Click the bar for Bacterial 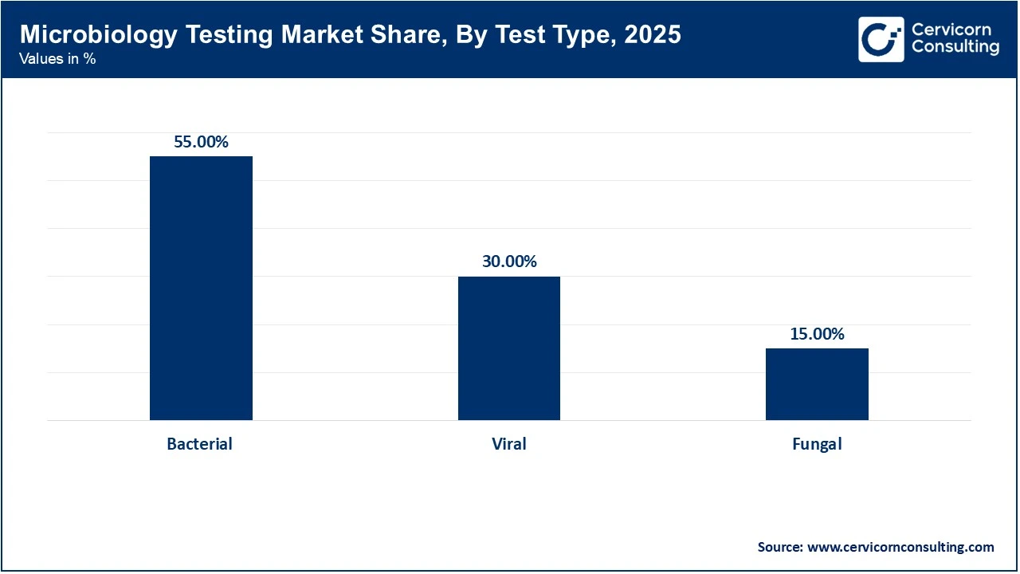coord(201,288)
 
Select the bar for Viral coord(508,348)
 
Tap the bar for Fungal coord(817,384)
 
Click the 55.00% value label coord(201,142)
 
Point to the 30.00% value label coord(508,261)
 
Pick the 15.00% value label coord(817,334)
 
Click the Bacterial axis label coord(199,444)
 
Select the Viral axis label coord(508,444)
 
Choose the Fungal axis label coord(817,444)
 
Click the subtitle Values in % coord(57,59)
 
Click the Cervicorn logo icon coord(881,39)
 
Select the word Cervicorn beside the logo coord(951,30)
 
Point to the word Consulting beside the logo coord(955,48)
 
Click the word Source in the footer coord(780,547)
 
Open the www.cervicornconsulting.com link coord(900,547)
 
